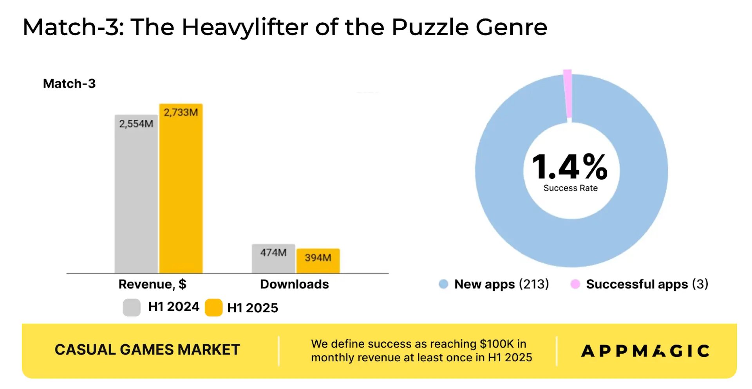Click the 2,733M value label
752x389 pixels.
click(x=181, y=112)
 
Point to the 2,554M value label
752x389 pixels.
click(x=136, y=124)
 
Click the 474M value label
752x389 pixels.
click(x=273, y=252)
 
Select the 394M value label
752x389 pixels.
click(x=318, y=258)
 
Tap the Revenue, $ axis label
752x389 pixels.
click(x=152, y=284)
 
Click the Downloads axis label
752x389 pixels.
click(x=294, y=284)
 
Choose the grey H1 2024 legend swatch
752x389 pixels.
click(x=132, y=308)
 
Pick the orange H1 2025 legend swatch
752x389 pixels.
click(x=213, y=308)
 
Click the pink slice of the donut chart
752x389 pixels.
click(x=568, y=94)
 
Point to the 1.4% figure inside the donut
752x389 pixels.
click(x=570, y=167)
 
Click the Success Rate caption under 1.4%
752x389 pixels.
click(x=570, y=188)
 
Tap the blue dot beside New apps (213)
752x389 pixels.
click(x=443, y=284)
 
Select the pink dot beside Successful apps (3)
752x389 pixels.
click(x=575, y=284)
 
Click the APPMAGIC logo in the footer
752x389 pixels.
click(x=645, y=351)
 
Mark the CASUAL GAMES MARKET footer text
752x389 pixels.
click(x=147, y=349)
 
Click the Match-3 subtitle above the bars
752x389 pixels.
click(x=69, y=84)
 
